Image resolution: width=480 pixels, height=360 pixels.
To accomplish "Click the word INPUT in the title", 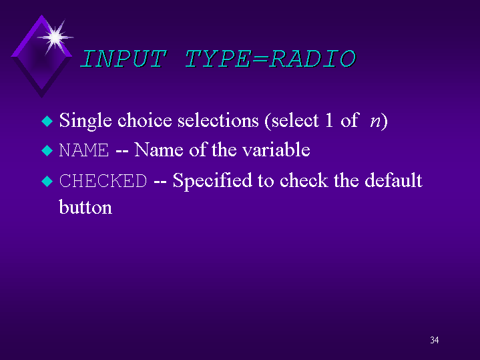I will (x=122, y=59).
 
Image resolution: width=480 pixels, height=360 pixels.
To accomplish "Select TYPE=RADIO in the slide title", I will (x=270, y=59).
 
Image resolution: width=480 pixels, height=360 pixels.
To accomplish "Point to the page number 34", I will (x=434, y=341).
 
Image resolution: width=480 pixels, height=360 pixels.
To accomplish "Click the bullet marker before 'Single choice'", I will (x=46, y=122).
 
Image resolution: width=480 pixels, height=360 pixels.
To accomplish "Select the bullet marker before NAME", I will (x=46, y=151).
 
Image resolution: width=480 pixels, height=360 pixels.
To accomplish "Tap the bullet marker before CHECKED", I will (x=46, y=181).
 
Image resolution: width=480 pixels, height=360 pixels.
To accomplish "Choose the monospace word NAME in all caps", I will (x=83, y=151).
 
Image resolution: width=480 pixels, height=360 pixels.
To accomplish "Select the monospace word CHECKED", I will (x=103, y=181).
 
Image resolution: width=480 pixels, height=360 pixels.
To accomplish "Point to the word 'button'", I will (x=85, y=207).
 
